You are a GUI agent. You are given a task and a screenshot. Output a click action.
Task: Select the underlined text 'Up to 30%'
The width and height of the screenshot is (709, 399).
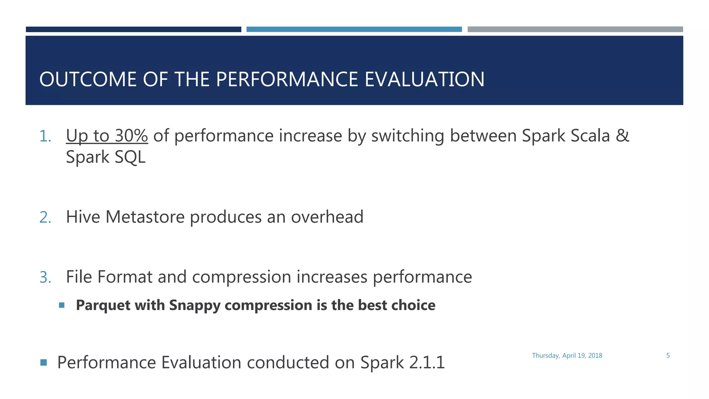(107, 135)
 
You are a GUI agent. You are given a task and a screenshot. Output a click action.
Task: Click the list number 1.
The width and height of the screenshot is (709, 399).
(45, 136)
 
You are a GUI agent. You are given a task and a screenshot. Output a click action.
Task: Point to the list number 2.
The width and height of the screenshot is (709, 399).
(45, 218)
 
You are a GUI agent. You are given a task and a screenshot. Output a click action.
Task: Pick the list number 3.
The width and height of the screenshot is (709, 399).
(45, 277)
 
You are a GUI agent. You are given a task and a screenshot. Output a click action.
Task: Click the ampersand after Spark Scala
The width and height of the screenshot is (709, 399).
(622, 135)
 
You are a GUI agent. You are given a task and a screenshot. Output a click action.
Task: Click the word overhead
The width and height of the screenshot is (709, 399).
(327, 217)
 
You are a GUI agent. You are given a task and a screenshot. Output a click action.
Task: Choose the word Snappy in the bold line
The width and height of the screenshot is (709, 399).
(194, 305)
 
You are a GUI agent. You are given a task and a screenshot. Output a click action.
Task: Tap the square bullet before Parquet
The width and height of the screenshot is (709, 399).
(62, 305)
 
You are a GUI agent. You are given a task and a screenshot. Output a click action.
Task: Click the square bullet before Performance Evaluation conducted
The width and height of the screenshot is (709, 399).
(43, 363)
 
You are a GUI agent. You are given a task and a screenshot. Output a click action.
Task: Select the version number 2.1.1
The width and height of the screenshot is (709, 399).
(427, 363)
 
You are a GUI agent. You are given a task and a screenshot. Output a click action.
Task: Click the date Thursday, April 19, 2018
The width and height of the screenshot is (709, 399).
(567, 356)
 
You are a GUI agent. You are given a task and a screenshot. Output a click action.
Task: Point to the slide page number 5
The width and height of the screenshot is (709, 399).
(668, 356)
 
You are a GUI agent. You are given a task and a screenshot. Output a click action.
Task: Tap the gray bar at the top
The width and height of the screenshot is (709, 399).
(575, 29)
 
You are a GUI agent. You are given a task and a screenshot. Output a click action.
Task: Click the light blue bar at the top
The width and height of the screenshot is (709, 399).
(354, 29)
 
